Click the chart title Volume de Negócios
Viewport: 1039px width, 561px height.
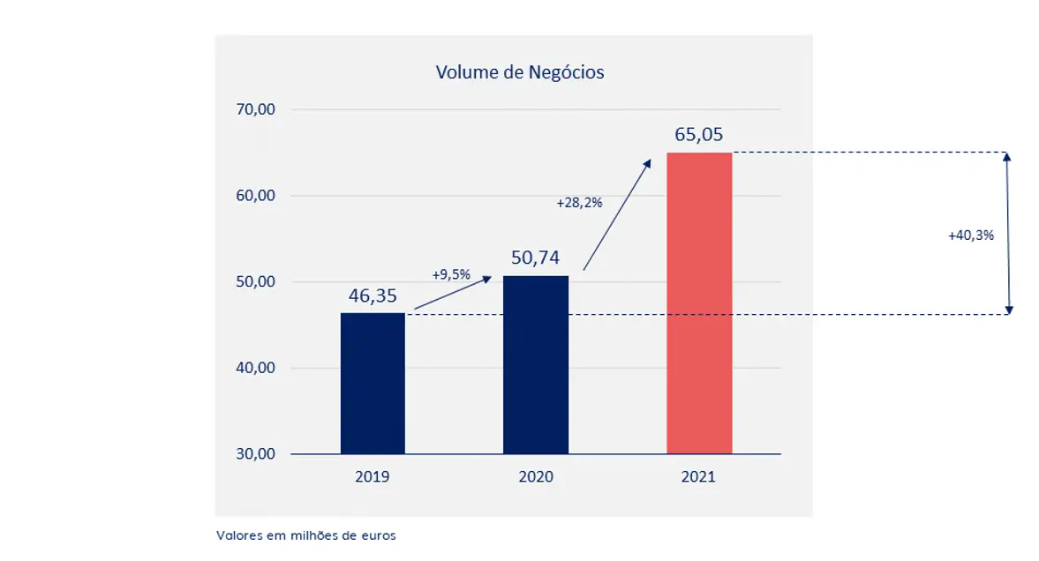520,72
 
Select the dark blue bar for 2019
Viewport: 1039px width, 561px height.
373,383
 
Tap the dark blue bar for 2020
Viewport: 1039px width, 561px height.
536,365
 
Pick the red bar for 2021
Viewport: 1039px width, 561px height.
699,303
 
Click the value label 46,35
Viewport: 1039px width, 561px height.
373,295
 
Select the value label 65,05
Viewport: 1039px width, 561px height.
699,134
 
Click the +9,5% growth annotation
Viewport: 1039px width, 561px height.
451,274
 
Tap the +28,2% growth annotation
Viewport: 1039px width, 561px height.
579,203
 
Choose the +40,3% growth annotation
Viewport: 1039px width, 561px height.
971,236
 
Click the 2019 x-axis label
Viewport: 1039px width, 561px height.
373,477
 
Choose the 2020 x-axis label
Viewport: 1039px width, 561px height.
536,477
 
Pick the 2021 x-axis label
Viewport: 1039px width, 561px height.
699,477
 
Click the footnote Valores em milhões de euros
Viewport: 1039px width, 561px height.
305,535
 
